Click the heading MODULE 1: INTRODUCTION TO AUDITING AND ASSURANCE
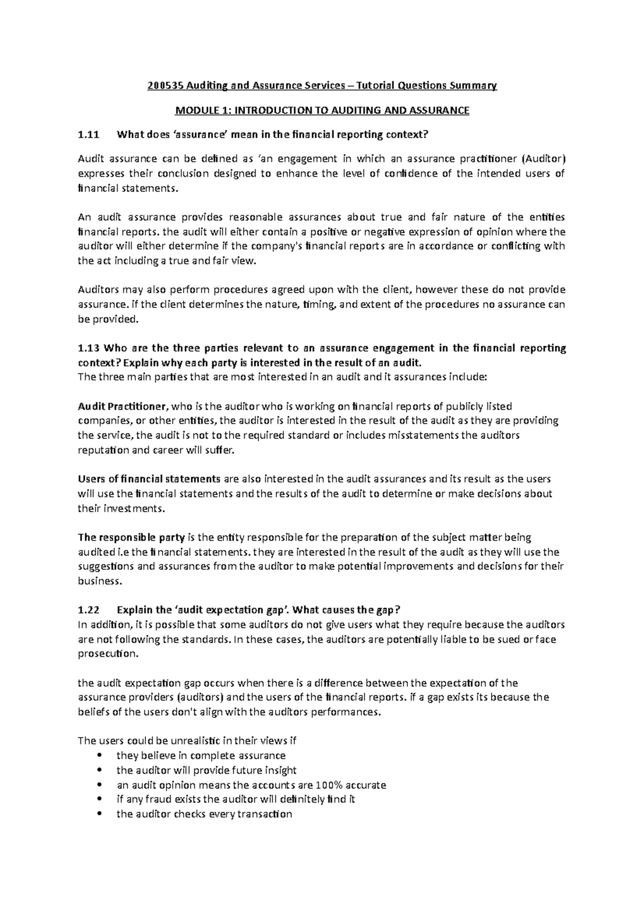click(x=322, y=111)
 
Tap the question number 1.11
click(x=89, y=135)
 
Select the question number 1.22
click(x=89, y=610)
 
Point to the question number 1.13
click(x=89, y=348)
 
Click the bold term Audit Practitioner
click(x=123, y=406)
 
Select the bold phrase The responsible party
click(x=131, y=537)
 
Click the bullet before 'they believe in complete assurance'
click(x=97, y=756)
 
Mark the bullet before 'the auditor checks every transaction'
click(x=97, y=814)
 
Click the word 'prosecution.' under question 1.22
click(x=108, y=654)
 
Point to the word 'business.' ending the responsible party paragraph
click(x=100, y=581)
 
